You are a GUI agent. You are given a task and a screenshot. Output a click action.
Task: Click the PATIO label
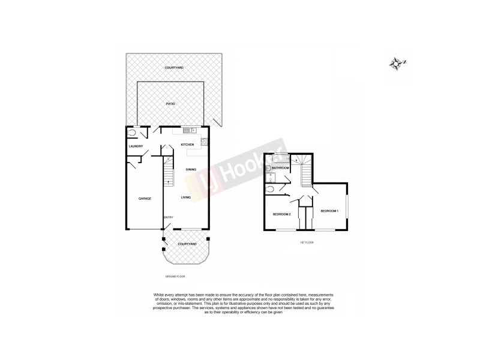170,104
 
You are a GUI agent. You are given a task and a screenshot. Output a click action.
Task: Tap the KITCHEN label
187,145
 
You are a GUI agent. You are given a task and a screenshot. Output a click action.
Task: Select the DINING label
191,170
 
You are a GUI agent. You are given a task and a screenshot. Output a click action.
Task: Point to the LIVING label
186,197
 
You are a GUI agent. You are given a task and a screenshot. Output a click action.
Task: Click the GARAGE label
145,198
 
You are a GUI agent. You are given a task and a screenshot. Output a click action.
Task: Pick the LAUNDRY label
135,146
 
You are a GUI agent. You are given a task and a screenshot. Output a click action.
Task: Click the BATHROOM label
281,168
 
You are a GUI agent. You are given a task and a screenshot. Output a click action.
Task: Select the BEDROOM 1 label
329,211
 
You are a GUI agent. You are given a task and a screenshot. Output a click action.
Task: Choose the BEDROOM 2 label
282,214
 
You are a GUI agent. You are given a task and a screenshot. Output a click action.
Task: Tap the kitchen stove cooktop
205,143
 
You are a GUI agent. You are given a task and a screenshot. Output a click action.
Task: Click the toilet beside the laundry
132,134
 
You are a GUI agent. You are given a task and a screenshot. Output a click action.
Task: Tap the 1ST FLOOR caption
307,242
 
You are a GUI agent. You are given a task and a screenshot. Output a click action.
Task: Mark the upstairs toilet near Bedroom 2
270,190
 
